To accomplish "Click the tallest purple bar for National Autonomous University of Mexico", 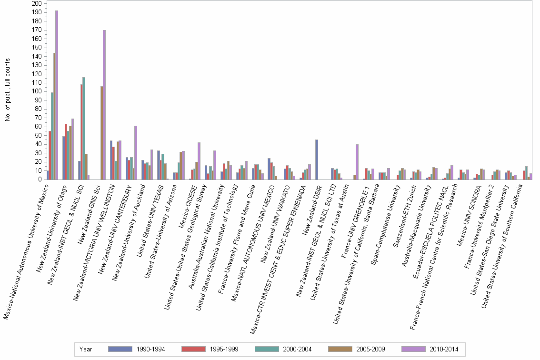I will (x=57, y=95).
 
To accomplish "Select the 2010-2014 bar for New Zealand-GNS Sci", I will (x=104, y=105).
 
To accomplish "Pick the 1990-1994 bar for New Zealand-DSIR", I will (x=317, y=160).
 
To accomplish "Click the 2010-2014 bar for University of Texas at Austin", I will (x=357, y=162).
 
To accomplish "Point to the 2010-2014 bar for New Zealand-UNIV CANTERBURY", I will (x=136, y=152).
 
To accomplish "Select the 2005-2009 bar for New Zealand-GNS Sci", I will (x=101, y=133).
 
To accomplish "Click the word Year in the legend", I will (x=86, y=349).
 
